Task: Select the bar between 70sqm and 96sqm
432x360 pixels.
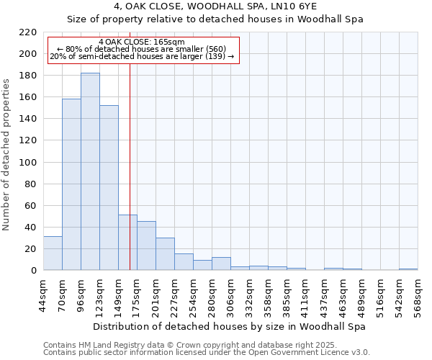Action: point(71,184)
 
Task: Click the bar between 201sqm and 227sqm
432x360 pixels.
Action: point(165,254)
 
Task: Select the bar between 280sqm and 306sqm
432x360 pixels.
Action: point(221,264)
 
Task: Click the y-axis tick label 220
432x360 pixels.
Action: point(28,32)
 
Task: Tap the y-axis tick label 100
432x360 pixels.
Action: point(28,163)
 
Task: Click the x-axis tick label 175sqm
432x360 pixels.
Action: point(137,295)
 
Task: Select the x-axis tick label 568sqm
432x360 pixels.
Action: point(418,295)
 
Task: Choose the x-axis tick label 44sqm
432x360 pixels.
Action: point(43,295)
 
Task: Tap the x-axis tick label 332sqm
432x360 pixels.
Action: point(249,295)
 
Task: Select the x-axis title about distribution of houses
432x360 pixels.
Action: point(230,326)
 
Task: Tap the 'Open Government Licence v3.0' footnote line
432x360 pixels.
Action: point(207,353)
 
